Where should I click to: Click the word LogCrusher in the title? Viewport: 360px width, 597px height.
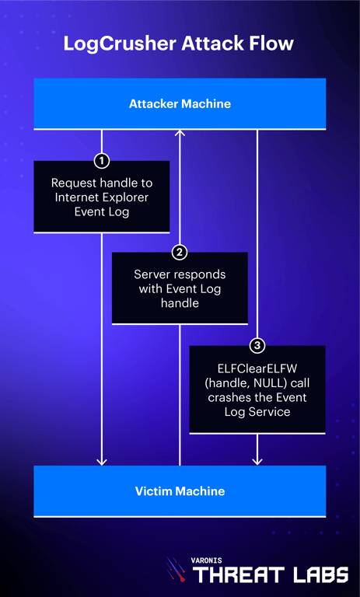pyautogui.click(x=114, y=44)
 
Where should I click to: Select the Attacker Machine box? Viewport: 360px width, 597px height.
pyautogui.click(x=180, y=103)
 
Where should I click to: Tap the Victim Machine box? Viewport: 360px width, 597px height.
pyautogui.click(x=180, y=491)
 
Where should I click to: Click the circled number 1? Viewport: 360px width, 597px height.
pyautogui.click(x=101, y=161)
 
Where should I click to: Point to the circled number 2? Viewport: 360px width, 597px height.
pyautogui.click(x=180, y=252)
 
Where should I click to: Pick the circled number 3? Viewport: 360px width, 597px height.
pyautogui.click(x=257, y=345)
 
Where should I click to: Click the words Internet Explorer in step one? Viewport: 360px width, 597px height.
pyautogui.click(x=101, y=197)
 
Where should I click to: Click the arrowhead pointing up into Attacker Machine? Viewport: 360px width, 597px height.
pyautogui.click(x=180, y=134)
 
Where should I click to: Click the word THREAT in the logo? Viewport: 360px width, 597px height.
pyautogui.click(x=233, y=574)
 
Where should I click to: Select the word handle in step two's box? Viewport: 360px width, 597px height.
pyautogui.click(x=180, y=302)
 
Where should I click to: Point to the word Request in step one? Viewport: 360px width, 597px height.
pyautogui.click(x=72, y=183)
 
